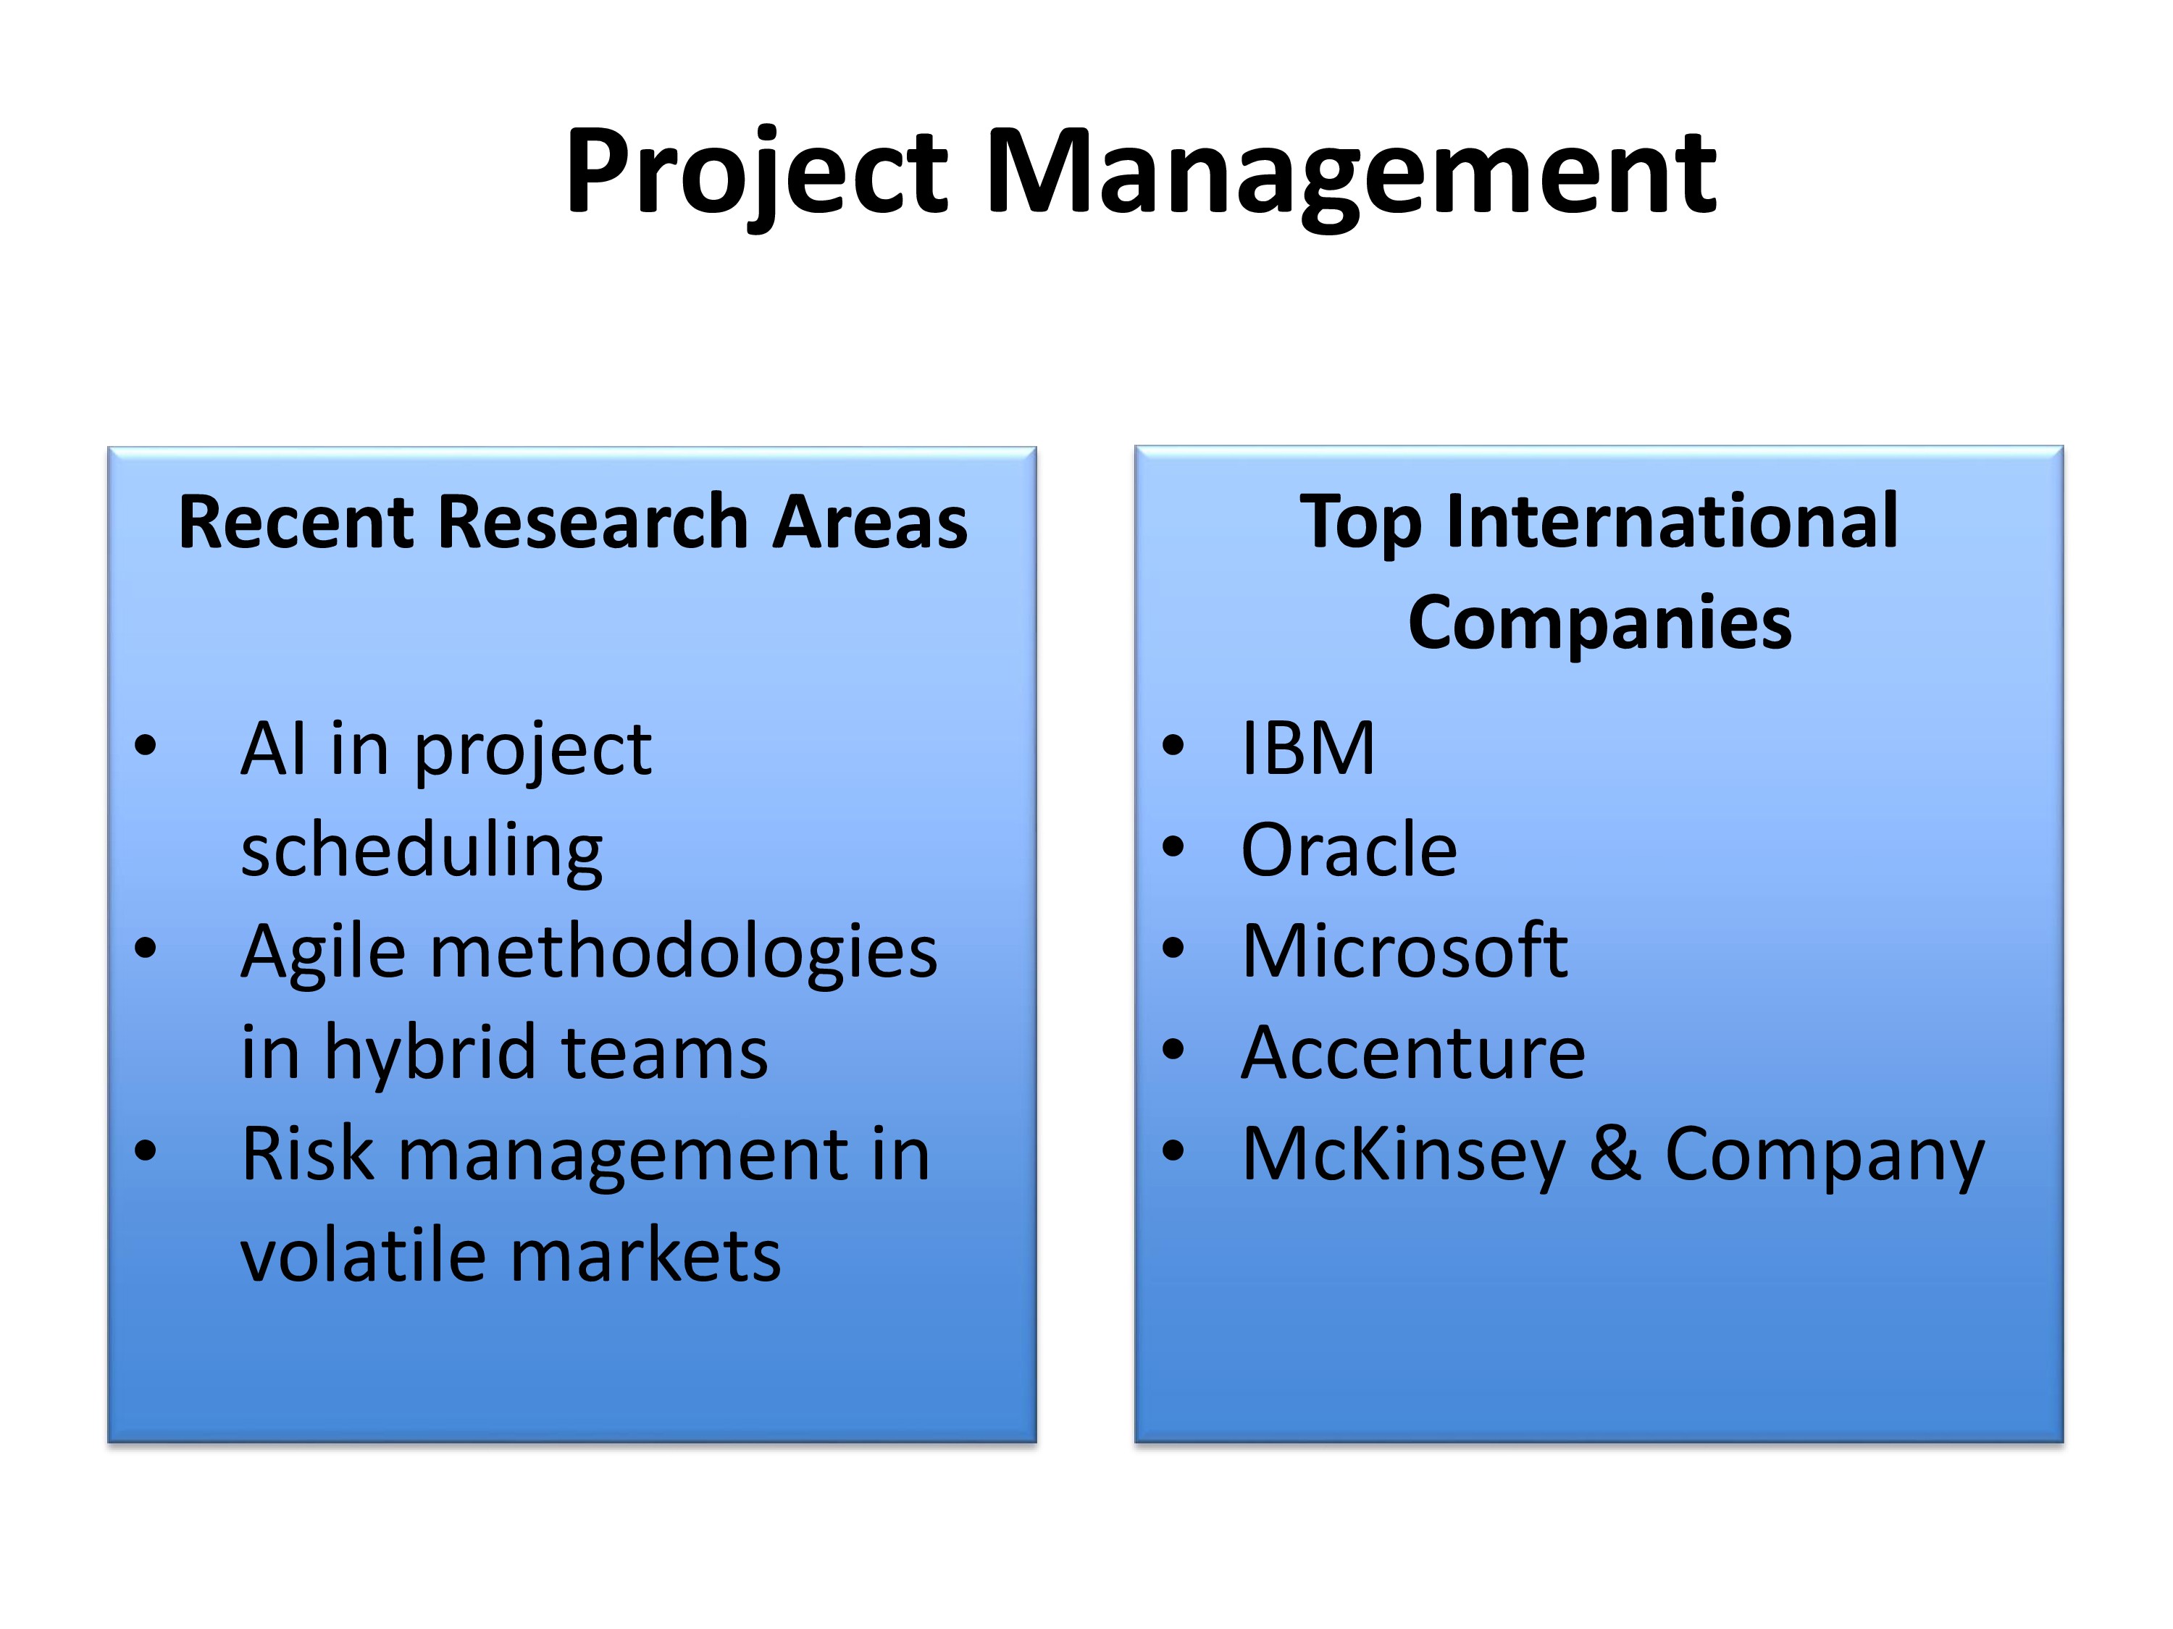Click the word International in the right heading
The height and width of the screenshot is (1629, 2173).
click(x=1672, y=521)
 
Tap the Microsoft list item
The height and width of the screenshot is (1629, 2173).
click(x=1404, y=951)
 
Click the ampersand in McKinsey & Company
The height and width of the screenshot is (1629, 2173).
click(x=1616, y=1154)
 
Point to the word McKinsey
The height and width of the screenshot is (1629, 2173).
click(x=1404, y=1157)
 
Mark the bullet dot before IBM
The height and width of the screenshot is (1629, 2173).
click(x=1173, y=745)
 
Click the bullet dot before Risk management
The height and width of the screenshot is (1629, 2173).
click(x=146, y=1151)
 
